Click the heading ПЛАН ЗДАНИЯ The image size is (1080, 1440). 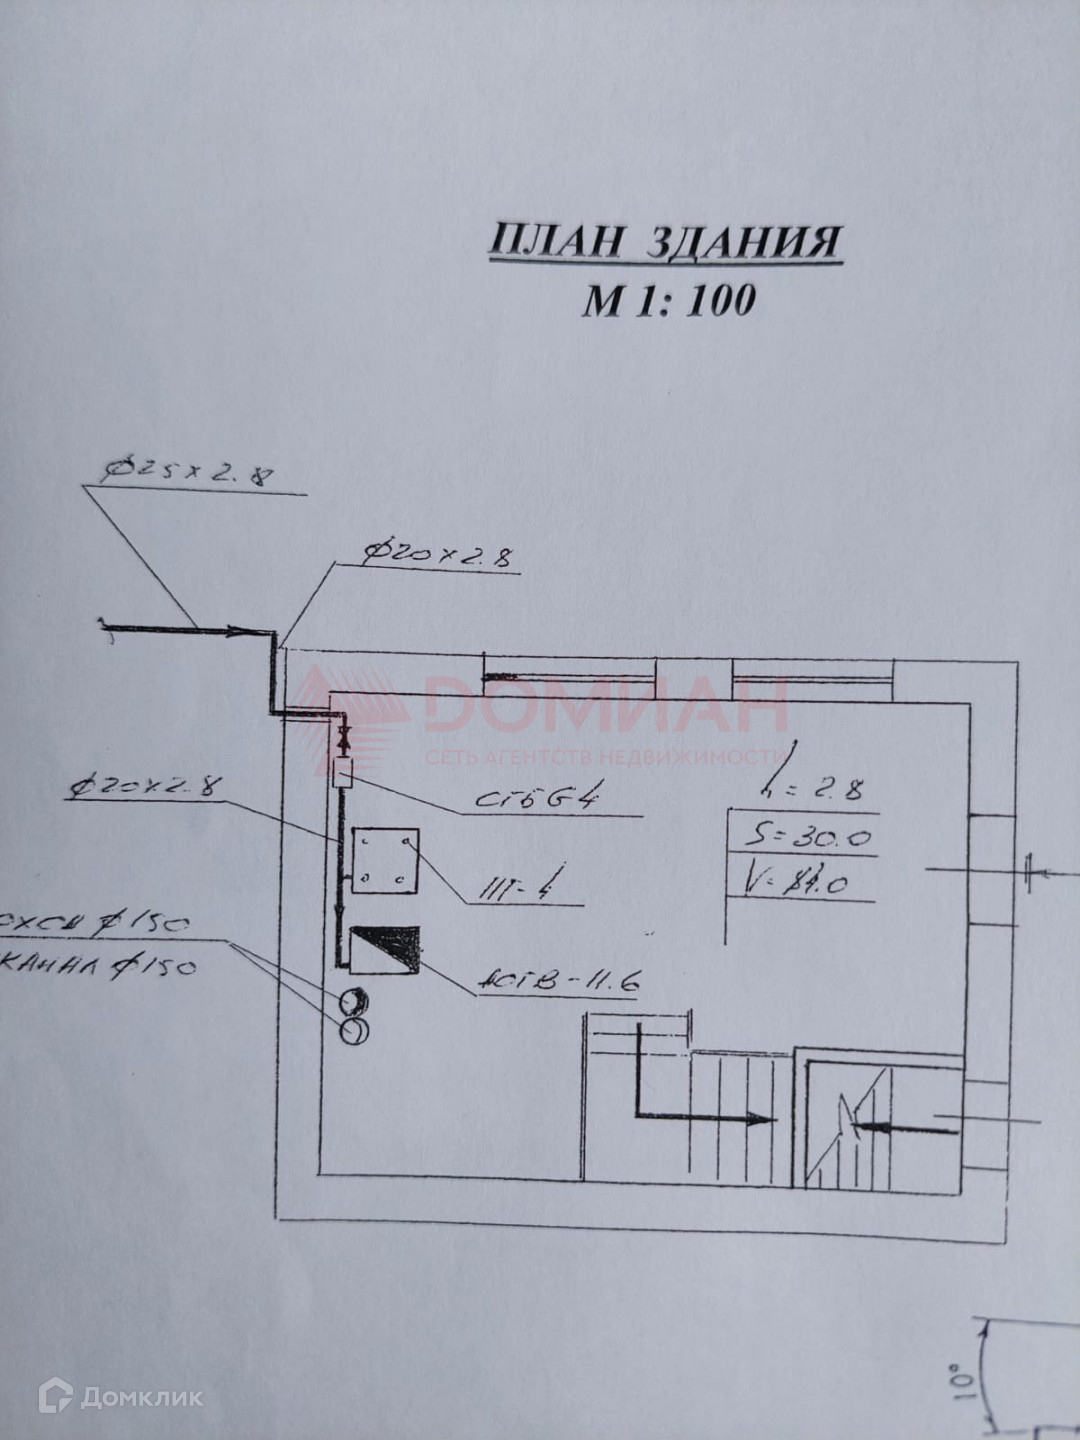point(665,243)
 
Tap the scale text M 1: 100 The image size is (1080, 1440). point(668,299)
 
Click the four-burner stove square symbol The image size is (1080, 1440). point(384,860)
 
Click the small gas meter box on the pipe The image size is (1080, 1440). point(344,772)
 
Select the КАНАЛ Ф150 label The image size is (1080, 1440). point(100,968)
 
